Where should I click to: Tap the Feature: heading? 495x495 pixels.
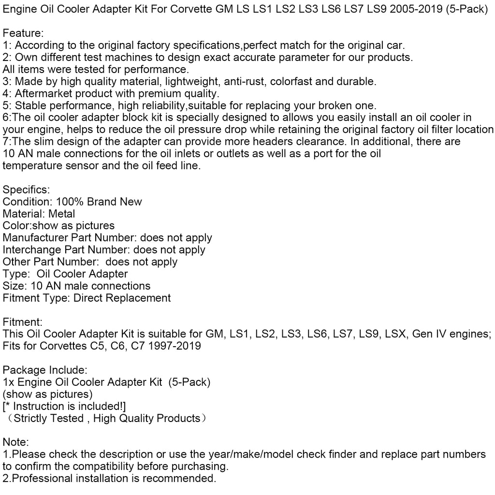(x=23, y=33)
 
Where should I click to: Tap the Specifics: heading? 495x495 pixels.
(x=27, y=189)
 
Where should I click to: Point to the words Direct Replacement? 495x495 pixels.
(x=122, y=298)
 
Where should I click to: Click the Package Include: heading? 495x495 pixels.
(x=45, y=370)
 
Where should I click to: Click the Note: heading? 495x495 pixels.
(x=16, y=442)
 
